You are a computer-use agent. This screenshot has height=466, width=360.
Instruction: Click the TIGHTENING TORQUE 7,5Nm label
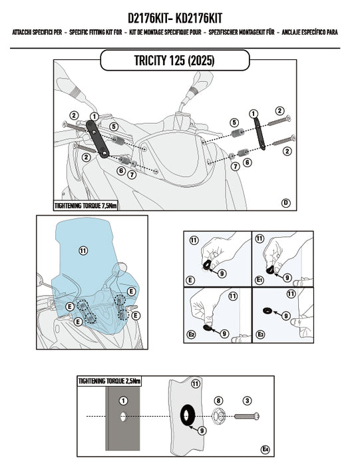85,207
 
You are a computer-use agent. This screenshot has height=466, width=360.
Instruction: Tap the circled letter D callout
285,202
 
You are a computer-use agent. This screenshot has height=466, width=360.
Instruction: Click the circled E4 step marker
265,448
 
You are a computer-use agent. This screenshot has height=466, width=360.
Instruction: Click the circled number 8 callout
218,400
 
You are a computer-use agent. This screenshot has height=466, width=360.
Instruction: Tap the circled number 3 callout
247,400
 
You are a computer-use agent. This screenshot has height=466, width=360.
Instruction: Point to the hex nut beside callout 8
219,417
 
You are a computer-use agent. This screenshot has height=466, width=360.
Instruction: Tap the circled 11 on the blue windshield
83,250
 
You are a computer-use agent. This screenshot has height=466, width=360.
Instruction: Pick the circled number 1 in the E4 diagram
123,400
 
